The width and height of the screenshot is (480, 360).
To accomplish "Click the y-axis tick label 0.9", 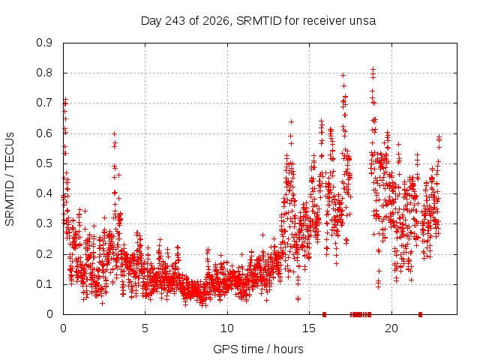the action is pyautogui.click(x=44, y=43).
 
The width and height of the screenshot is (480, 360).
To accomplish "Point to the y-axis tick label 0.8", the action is pyautogui.click(x=44, y=73).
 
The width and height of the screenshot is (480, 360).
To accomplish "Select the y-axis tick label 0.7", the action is pyautogui.click(x=44, y=103).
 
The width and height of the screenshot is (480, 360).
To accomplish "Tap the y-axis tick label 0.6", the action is pyautogui.click(x=44, y=133).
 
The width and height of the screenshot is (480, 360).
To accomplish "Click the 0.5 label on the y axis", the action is pyautogui.click(x=44, y=163).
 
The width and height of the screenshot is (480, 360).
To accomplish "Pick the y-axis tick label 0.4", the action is pyautogui.click(x=44, y=193).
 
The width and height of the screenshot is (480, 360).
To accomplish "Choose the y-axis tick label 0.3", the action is pyautogui.click(x=44, y=223).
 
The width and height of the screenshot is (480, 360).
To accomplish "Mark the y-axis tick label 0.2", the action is pyautogui.click(x=44, y=253).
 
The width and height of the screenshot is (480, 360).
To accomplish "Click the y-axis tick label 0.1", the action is pyautogui.click(x=44, y=284).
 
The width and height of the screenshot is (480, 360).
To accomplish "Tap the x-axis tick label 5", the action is pyautogui.click(x=145, y=328).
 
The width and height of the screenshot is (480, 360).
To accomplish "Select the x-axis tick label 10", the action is pyautogui.click(x=227, y=328).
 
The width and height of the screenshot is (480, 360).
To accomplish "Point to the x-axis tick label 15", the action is pyautogui.click(x=309, y=328).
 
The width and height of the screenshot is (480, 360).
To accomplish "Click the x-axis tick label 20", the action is pyautogui.click(x=391, y=328).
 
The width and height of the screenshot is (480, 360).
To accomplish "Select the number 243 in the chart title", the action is pyautogui.click(x=175, y=21).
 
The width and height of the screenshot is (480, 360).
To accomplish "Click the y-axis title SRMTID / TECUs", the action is pyautogui.click(x=10, y=179).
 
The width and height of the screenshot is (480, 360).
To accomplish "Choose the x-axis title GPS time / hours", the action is pyautogui.click(x=258, y=349).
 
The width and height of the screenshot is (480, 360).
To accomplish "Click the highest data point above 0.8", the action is pyautogui.click(x=373, y=70).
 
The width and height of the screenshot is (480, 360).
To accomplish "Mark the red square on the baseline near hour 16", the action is pyautogui.click(x=325, y=314).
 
